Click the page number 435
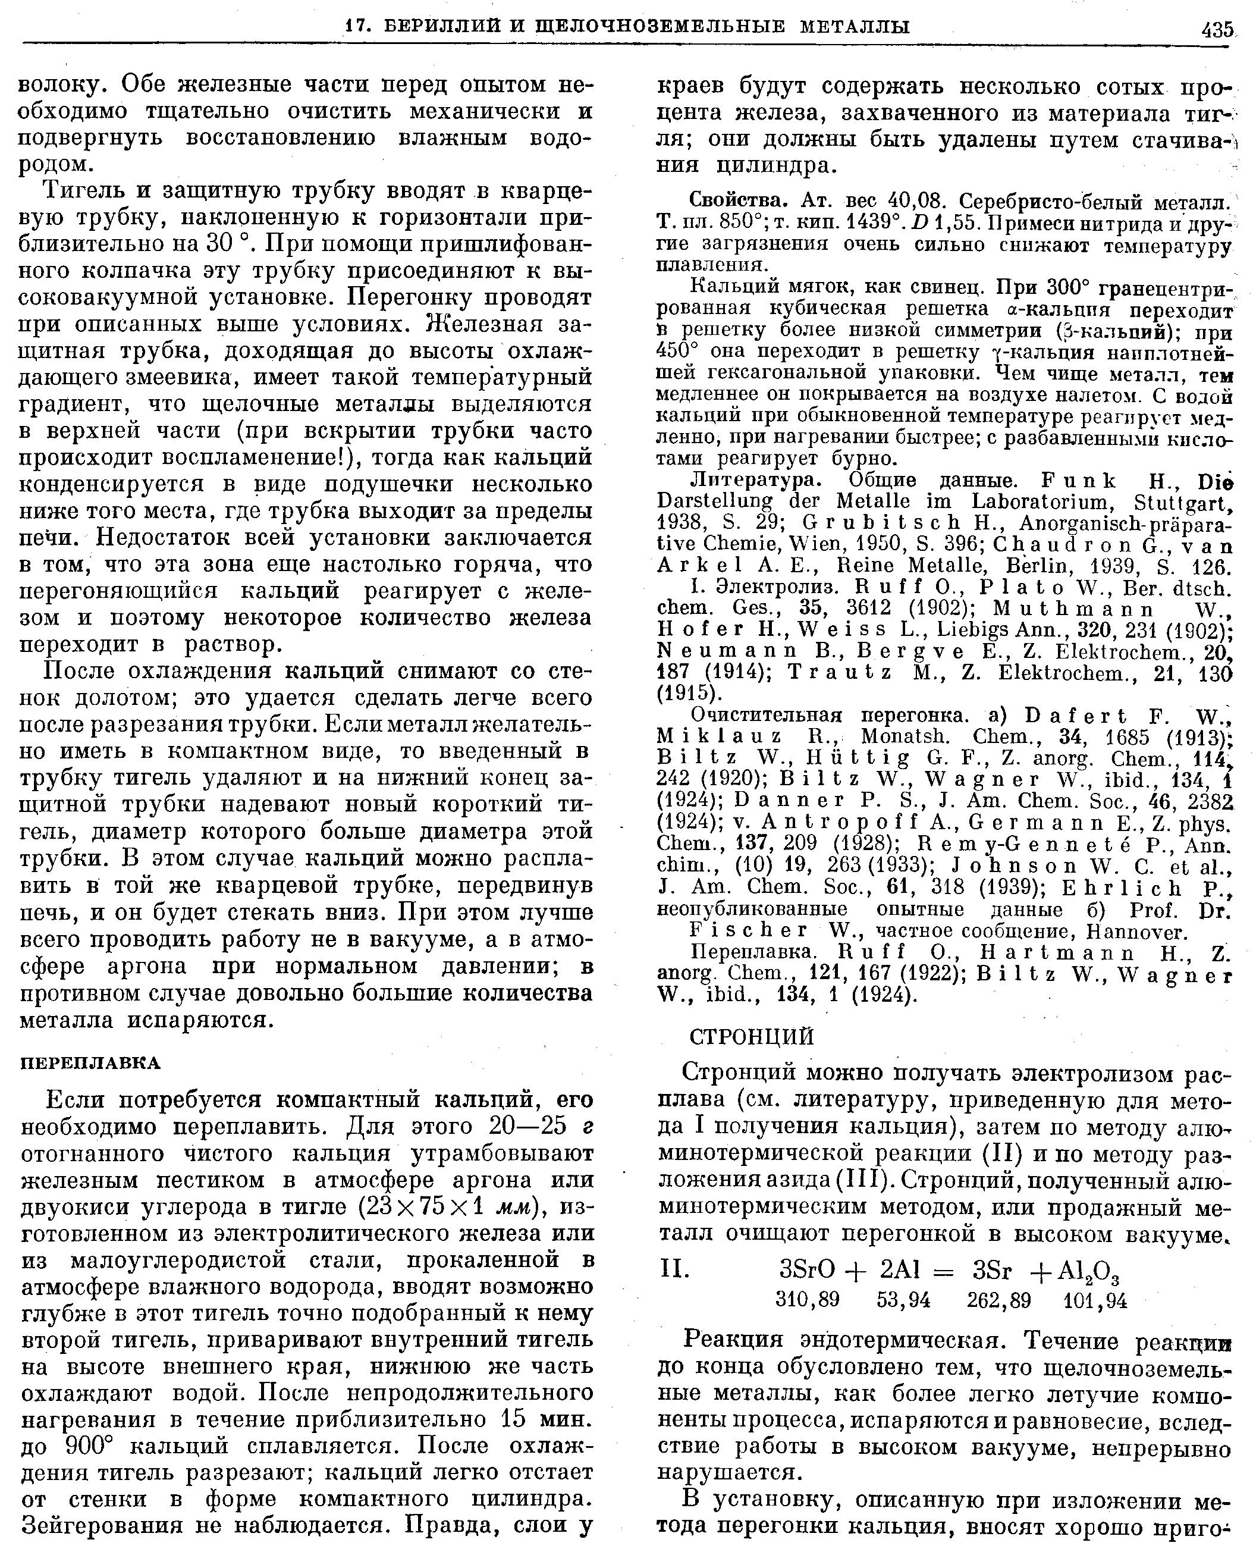[x=1217, y=30]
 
